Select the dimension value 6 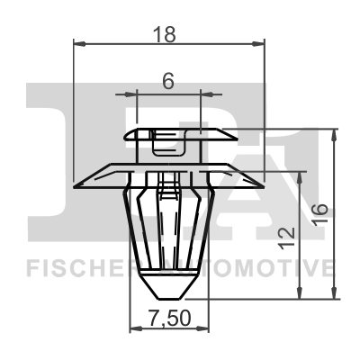167,79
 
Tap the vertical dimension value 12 287,238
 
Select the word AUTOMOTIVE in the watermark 261,268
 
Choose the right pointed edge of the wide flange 264,181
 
